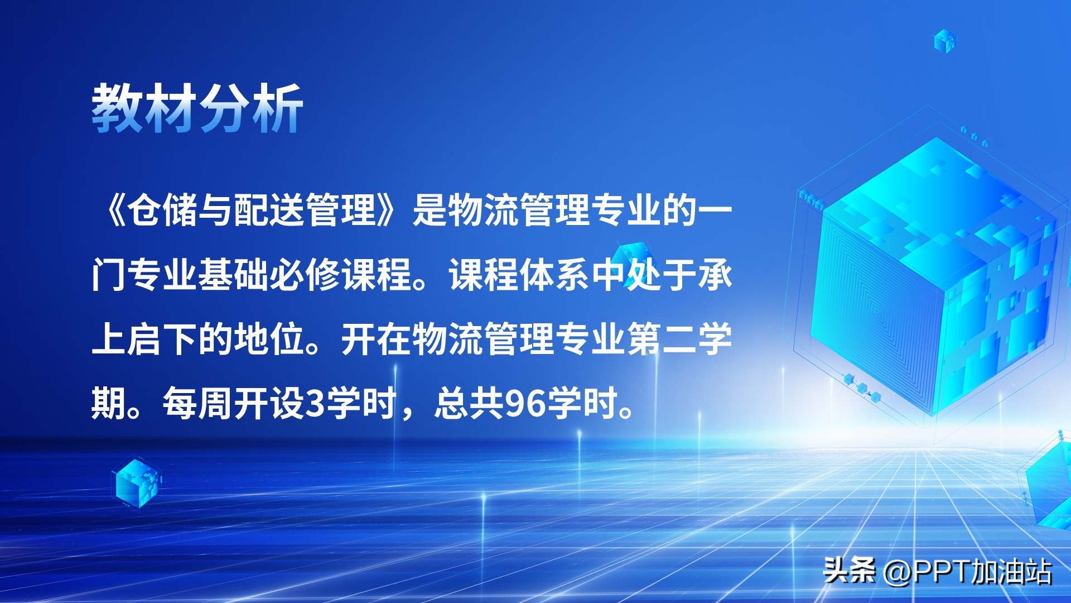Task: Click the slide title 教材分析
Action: [197, 108]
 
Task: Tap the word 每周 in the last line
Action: [197, 403]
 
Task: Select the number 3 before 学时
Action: [316, 404]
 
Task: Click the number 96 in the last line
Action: [525, 404]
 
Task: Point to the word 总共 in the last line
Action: [469, 403]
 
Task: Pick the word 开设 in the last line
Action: [269, 403]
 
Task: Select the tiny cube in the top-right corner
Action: [945, 41]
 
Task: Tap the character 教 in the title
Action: [118, 108]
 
